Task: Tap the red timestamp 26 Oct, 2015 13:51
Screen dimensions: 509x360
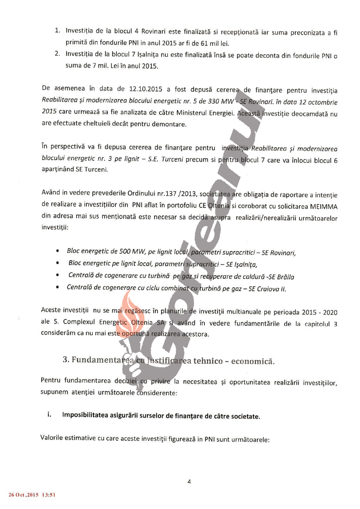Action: click(x=32, y=495)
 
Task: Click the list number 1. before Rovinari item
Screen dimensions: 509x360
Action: click(x=58, y=32)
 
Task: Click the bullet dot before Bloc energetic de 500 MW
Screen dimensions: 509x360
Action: click(x=57, y=252)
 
